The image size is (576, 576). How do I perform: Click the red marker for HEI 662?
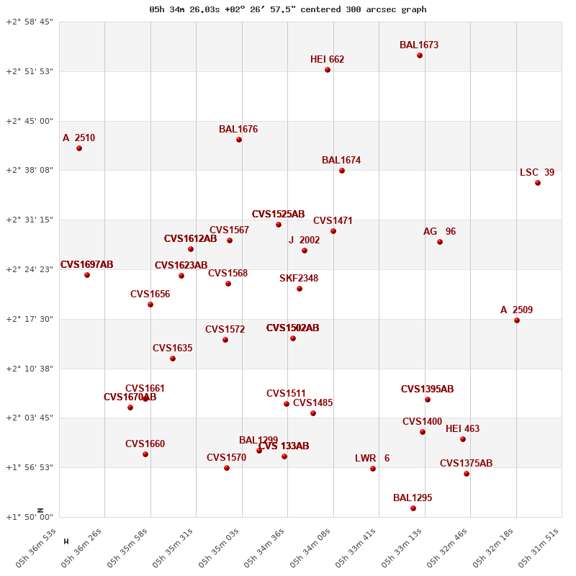[x=328, y=70]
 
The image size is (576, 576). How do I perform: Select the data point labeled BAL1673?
[x=420, y=55]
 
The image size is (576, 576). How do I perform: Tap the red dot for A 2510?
[x=79, y=148]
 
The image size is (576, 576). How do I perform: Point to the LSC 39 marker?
[x=538, y=183]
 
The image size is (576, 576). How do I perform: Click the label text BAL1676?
[x=238, y=130]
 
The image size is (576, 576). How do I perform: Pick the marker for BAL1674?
[x=342, y=171]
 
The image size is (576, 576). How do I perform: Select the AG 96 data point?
[x=440, y=242]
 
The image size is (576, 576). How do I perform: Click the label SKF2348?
[x=299, y=279]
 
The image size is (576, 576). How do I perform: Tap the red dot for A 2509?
[x=517, y=320]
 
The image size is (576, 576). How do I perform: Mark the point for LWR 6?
[x=373, y=469]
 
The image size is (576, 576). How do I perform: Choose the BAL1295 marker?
[x=413, y=508]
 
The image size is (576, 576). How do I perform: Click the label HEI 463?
[x=462, y=429]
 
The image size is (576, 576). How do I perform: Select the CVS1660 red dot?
[x=145, y=454]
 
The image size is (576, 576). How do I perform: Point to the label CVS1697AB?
[x=86, y=265]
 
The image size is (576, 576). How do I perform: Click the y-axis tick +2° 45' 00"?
[x=30, y=121]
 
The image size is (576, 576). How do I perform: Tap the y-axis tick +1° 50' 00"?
[x=30, y=517]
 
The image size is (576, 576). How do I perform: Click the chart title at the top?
[x=288, y=9]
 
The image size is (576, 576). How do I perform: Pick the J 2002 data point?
[x=305, y=251]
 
